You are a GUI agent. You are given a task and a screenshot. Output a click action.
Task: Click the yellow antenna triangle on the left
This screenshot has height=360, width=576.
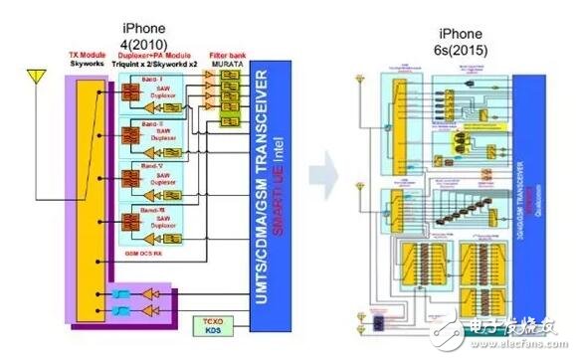coord(38,77)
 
